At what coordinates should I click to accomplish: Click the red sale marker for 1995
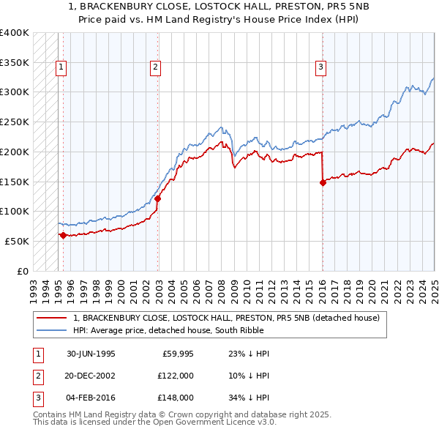(x=63, y=235)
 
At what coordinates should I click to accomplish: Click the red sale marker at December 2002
(x=157, y=198)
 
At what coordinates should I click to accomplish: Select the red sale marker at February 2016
(x=323, y=182)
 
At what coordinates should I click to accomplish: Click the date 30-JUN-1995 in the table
(x=91, y=354)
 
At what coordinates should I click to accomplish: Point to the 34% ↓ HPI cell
(x=249, y=398)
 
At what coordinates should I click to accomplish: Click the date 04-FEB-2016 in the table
(x=91, y=398)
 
